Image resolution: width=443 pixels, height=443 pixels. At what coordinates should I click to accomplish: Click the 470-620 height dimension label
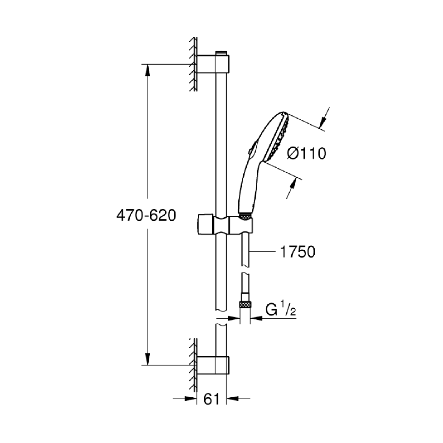point(146,215)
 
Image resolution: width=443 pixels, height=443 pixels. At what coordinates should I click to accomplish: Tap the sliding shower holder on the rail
point(225,224)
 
